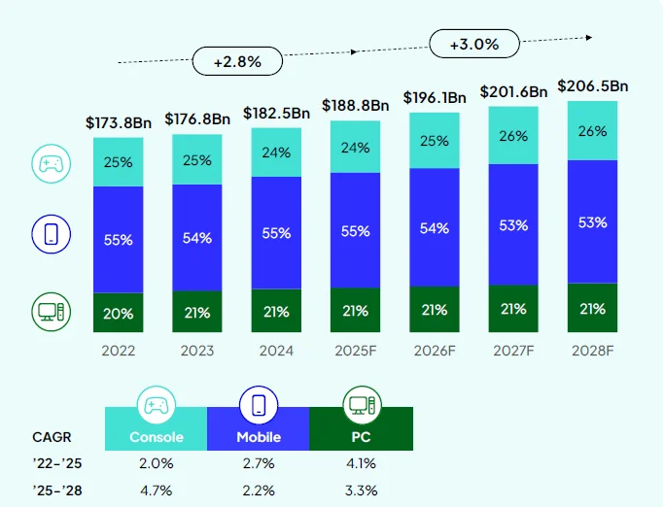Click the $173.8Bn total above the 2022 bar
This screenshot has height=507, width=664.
coord(119,123)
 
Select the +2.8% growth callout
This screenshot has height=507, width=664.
coord(237,60)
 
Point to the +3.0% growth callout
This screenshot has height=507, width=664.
coord(474,45)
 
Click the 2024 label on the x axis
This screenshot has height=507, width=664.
coord(276,351)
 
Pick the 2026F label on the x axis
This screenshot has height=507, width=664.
coord(435,351)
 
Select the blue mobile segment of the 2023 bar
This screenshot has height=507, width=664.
coord(197,238)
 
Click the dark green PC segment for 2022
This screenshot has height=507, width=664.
coord(119,312)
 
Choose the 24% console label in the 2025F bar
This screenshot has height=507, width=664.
coord(355,148)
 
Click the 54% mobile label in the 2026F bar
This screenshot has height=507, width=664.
coord(435,228)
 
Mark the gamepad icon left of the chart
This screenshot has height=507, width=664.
coord(50,162)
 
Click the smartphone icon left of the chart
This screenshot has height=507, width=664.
coord(50,234)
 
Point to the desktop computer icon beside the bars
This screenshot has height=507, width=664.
coord(50,312)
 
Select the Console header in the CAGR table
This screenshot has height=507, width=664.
coord(157,437)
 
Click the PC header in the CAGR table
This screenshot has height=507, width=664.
coord(361,437)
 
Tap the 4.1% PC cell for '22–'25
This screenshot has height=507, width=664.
coord(361,463)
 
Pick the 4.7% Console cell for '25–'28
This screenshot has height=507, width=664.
coord(157,490)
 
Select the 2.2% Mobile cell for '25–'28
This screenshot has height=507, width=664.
coord(259,490)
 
